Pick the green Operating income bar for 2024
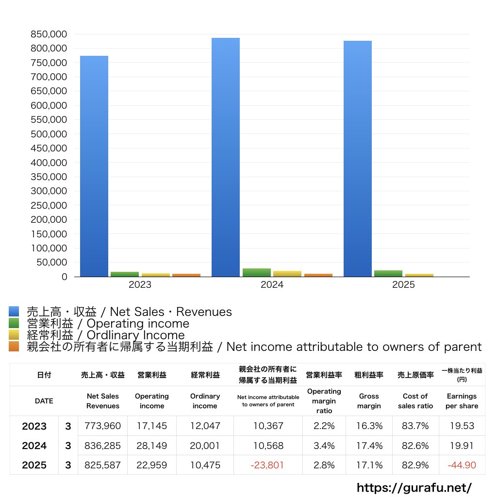click(257, 272)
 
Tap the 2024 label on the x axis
click(272, 285)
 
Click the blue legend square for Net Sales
click(14, 312)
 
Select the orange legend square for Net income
click(14, 347)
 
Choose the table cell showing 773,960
click(102, 426)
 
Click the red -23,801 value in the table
click(267, 465)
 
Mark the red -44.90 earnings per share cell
click(462, 465)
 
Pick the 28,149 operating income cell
click(151, 446)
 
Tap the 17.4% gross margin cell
click(369, 446)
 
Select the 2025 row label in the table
click(34, 465)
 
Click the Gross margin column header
click(369, 401)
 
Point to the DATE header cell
click(44, 401)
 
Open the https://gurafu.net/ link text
click(414, 487)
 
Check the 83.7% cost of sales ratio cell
click(415, 426)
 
